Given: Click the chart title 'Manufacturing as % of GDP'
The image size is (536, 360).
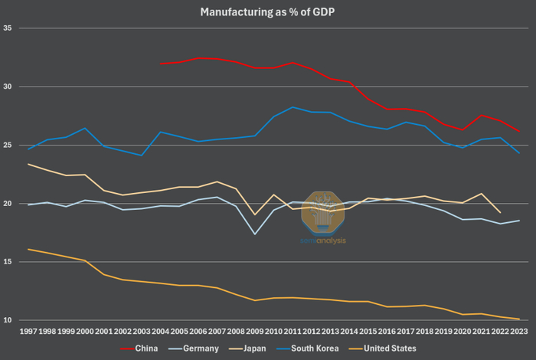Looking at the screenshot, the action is click(267, 12).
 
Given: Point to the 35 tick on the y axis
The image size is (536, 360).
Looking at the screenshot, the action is click(7, 28).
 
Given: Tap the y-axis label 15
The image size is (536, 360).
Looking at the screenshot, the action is click(7, 262).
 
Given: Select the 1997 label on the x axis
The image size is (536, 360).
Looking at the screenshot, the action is click(28, 332).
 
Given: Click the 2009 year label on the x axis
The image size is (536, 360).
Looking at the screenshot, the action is click(255, 332).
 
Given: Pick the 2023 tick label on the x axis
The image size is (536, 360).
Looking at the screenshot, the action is click(519, 332).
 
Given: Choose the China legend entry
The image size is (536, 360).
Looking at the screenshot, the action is click(139, 349).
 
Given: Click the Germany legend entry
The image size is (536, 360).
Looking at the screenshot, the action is click(194, 349).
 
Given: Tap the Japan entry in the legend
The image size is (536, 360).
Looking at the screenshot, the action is click(247, 349).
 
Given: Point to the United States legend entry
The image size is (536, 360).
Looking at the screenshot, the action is click(383, 349).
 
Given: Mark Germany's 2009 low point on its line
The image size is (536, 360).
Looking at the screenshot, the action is click(255, 234).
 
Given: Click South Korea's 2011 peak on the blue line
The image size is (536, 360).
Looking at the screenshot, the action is click(293, 107).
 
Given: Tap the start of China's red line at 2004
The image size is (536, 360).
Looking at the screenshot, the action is click(160, 64).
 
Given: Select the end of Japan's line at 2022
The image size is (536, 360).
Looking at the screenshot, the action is click(501, 213).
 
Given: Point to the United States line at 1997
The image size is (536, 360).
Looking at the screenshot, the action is click(28, 249).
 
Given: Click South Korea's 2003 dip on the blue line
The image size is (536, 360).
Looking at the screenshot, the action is click(142, 155).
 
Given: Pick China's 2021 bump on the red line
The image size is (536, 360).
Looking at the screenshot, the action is click(482, 115).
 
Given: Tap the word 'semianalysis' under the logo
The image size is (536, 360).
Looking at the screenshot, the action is click(323, 241).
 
